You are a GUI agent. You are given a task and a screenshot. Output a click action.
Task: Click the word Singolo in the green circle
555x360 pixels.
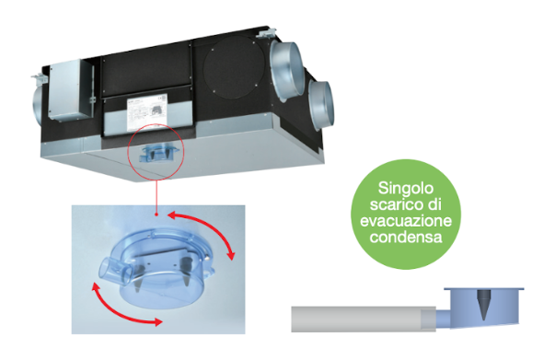[x=406, y=189]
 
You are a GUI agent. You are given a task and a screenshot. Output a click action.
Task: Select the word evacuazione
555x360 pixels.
[x=406, y=221]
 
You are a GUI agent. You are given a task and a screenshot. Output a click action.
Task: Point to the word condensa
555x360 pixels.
[x=406, y=237]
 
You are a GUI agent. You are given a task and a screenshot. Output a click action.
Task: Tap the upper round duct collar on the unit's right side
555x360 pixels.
[x=286, y=71]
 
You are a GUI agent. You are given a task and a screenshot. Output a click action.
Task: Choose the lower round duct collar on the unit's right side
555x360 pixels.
[x=320, y=105]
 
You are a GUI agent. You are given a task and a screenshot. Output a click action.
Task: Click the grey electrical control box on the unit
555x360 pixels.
[x=69, y=90]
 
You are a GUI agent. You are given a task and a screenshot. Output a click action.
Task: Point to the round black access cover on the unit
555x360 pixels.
[x=234, y=67]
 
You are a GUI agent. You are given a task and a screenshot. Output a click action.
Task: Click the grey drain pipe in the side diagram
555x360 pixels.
[x=364, y=319]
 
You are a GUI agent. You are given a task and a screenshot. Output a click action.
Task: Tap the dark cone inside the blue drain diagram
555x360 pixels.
[x=483, y=305]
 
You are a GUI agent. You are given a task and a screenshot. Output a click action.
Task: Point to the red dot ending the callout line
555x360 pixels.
[x=156, y=215]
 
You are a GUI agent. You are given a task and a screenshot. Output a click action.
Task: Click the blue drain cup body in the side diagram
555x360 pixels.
[x=484, y=307]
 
